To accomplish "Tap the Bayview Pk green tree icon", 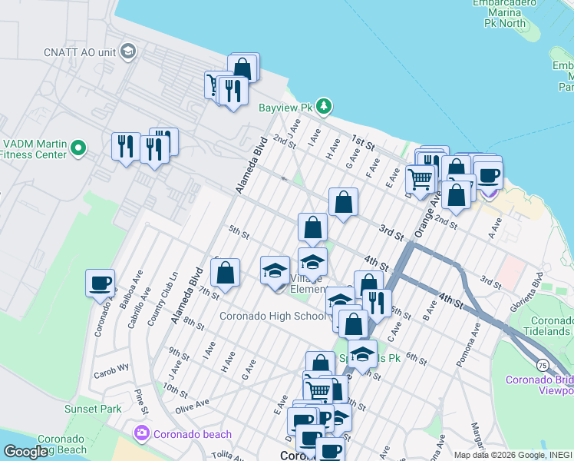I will [x=325, y=105].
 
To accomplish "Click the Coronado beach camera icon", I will [x=140, y=434].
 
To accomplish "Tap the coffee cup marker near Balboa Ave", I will [x=100, y=284].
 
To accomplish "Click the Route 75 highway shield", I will [x=543, y=364].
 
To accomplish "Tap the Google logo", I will [x=25, y=452].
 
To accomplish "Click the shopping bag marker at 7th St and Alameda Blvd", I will [x=226, y=274].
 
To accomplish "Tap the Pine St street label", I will [x=140, y=400].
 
